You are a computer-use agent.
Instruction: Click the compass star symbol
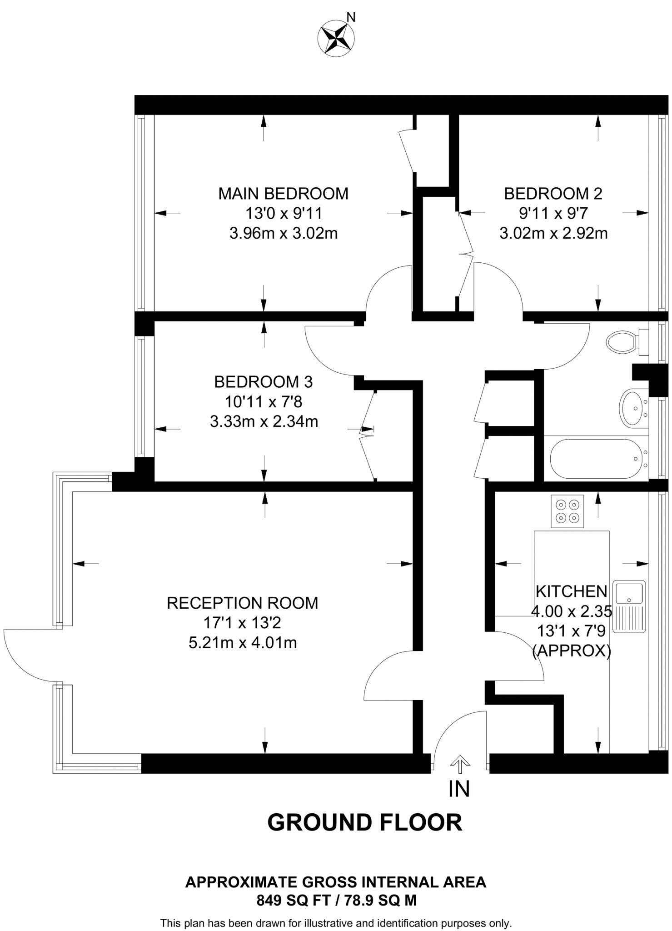(x=336, y=39)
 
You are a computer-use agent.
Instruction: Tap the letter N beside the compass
(x=351, y=18)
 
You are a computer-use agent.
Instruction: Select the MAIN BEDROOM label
(x=283, y=194)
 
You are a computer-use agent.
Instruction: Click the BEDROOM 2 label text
(x=553, y=194)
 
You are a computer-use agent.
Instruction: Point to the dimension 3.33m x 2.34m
(x=264, y=421)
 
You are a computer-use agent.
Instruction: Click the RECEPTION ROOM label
(x=242, y=603)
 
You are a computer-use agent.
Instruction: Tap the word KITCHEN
(x=571, y=591)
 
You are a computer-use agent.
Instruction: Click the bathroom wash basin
(x=634, y=407)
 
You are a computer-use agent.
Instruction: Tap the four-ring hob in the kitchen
(x=567, y=511)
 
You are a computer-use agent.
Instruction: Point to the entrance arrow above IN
(x=460, y=764)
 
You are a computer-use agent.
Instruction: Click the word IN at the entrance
(x=459, y=789)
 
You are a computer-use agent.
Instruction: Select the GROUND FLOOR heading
(x=364, y=823)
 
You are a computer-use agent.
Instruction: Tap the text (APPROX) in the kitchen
(x=571, y=651)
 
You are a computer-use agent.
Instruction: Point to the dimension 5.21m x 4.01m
(x=242, y=643)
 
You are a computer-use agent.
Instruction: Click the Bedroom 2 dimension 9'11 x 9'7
(x=553, y=213)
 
